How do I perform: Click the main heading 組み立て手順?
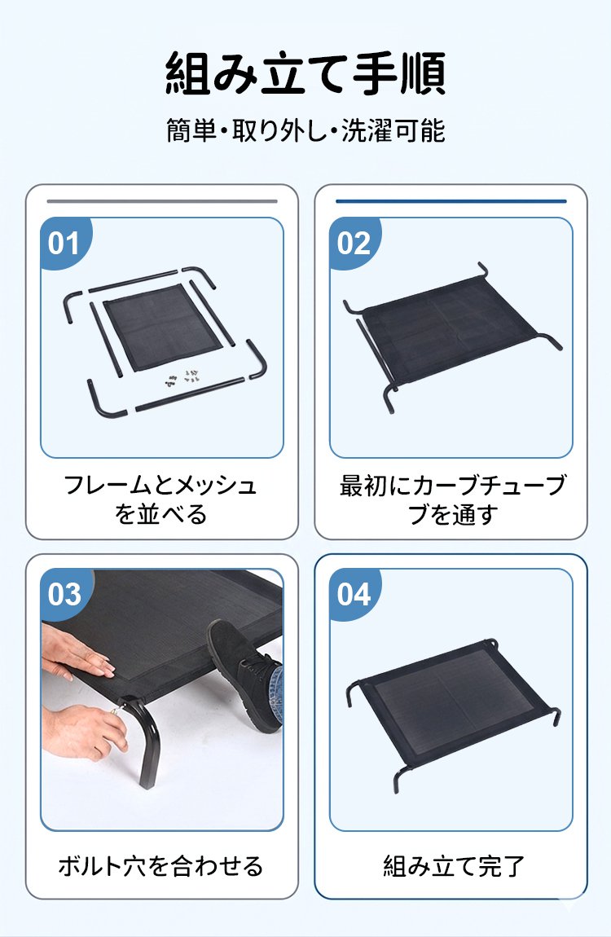(305, 74)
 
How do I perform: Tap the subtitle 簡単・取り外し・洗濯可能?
(305, 130)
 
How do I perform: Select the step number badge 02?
(354, 243)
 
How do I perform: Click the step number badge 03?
(64, 594)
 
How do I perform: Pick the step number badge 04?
(354, 594)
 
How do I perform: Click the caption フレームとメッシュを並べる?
(160, 499)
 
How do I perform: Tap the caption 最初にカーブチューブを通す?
(451, 499)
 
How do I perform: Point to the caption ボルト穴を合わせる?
(160, 865)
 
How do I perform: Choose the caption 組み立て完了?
(451, 865)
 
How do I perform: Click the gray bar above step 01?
(161, 200)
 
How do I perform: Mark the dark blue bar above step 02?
(451, 200)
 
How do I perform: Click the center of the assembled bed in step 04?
(450, 702)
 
